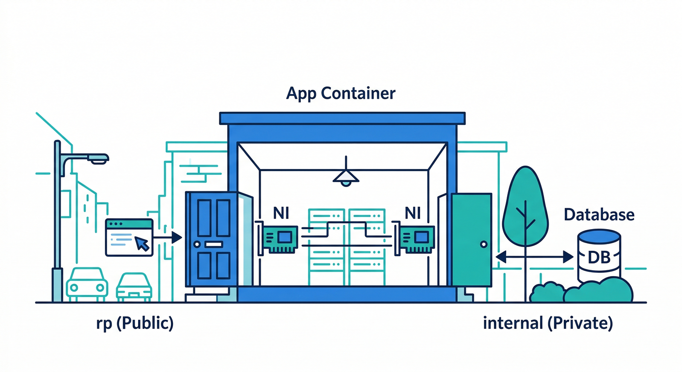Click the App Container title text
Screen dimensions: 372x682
click(341, 93)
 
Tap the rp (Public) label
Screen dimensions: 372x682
click(135, 324)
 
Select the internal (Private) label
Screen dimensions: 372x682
click(548, 324)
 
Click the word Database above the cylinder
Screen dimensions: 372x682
click(599, 214)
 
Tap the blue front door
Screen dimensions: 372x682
click(212, 240)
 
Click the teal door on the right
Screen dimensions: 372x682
click(471, 240)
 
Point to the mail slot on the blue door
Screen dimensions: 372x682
click(212, 244)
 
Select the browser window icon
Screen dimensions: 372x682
click(129, 237)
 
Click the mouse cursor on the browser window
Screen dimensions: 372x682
click(142, 243)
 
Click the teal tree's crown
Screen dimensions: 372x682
click(525, 203)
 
